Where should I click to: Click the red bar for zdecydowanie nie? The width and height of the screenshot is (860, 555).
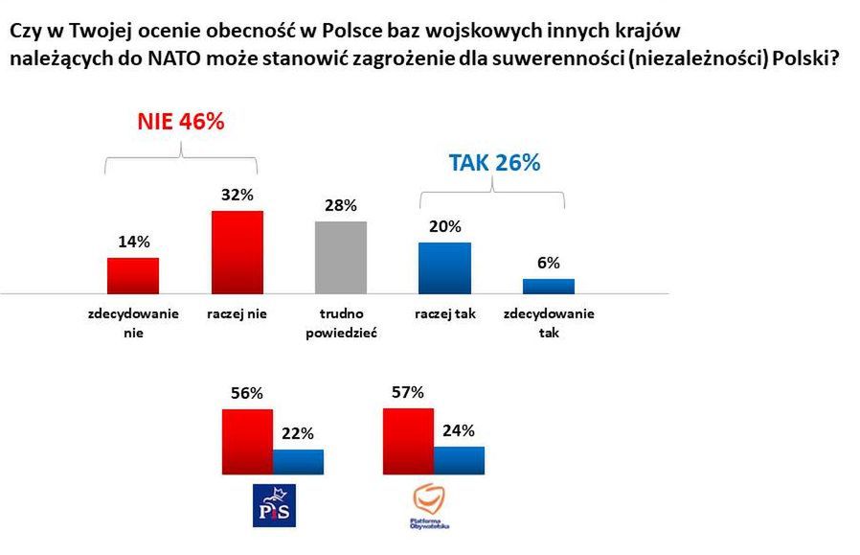click(132, 275)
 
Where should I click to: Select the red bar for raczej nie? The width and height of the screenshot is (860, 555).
click(237, 251)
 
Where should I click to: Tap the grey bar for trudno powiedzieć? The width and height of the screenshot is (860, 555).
click(341, 257)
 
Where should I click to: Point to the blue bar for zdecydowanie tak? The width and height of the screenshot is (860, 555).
click(549, 286)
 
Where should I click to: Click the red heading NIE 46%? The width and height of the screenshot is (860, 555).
click(180, 122)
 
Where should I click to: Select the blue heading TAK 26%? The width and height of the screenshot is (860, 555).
click(494, 163)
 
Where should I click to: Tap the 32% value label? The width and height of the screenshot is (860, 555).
click(237, 195)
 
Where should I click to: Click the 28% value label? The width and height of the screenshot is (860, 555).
click(341, 206)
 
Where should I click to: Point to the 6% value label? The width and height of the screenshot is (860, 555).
click(549, 263)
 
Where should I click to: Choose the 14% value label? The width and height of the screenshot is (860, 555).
click(133, 242)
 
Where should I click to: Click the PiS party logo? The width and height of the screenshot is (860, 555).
click(273, 505)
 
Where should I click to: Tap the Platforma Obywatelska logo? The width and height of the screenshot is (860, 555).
click(427, 506)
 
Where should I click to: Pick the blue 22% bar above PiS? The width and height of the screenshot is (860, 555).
click(298, 461)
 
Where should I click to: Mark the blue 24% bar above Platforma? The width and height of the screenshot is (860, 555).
click(459, 459)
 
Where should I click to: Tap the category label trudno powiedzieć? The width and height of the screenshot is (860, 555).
click(341, 323)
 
